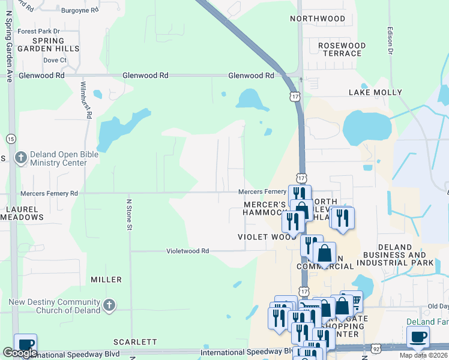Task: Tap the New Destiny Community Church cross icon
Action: [x=109, y=305]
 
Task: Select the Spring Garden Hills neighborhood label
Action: [x=49, y=44]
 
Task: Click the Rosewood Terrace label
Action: [x=342, y=49]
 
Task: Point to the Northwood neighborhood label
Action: [x=318, y=19]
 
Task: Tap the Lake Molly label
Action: [x=375, y=92]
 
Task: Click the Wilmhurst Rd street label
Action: [x=87, y=100]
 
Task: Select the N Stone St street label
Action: [x=129, y=214]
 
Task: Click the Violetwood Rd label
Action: [x=187, y=251]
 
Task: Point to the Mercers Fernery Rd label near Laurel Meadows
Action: [x=49, y=194]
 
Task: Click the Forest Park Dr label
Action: [x=39, y=31]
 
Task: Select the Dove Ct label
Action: [x=54, y=60]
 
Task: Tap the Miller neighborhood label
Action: [x=106, y=280]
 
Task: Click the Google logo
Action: [x=20, y=353]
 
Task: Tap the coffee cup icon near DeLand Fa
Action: [x=418, y=337]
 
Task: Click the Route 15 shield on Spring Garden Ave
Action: [x=11, y=139]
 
